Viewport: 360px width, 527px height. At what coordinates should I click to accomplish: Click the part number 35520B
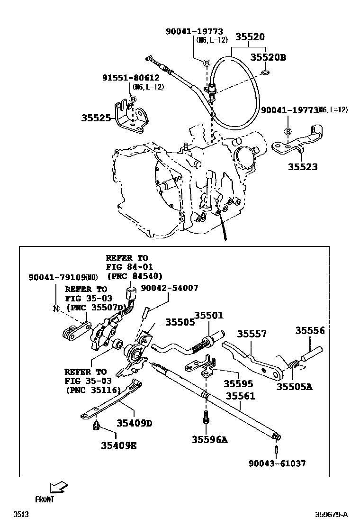pyautogui.click(x=268, y=57)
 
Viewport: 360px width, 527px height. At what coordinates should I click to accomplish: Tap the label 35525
pyautogui.click(x=96, y=118)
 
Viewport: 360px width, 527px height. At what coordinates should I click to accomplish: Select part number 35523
pyautogui.click(x=303, y=167)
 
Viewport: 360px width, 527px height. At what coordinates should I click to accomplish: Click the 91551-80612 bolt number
pyautogui.click(x=131, y=78)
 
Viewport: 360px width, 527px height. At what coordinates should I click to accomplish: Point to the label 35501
pyautogui.click(x=208, y=315)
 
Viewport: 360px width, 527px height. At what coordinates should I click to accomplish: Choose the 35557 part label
pyautogui.click(x=252, y=334)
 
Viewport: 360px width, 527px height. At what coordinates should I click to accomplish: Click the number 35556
pyautogui.click(x=310, y=330)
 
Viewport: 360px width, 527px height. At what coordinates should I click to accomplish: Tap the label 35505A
pyautogui.click(x=294, y=386)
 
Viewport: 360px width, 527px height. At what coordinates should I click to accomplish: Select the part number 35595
pyautogui.click(x=238, y=383)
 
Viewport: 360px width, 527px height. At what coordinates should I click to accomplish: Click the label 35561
pyautogui.click(x=240, y=396)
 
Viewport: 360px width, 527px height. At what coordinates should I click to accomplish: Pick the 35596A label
pyautogui.click(x=209, y=440)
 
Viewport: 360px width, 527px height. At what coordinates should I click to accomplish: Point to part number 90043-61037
pyautogui.click(x=277, y=463)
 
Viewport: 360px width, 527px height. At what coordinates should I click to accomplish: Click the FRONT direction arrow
pyautogui.click(x=58, y=487)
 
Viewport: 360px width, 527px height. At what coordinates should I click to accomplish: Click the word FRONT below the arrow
pyautogui.click(x=45, y=499)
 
